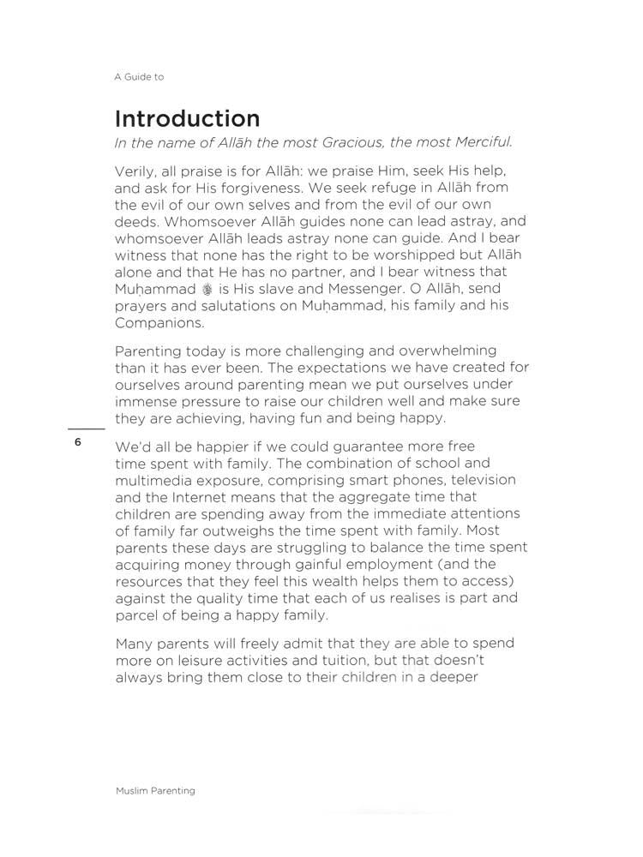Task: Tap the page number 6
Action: pos(77,442)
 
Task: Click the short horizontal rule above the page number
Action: pos(86,427)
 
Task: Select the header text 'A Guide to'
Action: pos(139,76)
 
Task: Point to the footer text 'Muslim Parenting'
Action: pos(155,791)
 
